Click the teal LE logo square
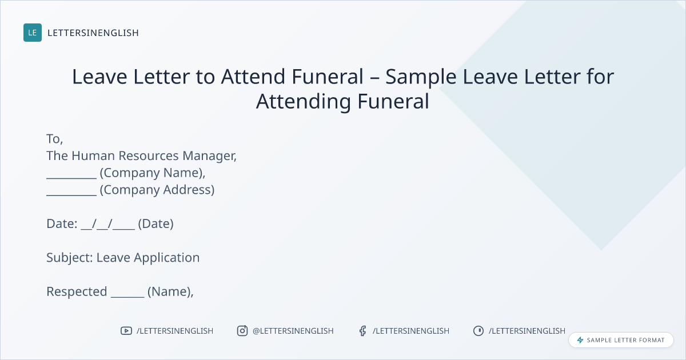[x=33, y=33]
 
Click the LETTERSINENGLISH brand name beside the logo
[x=93, y=33]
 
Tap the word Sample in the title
[x=421, y=77]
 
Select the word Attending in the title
[x=304, y=102]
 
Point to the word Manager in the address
[x=209, y=156]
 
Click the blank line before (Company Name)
[x=71, y=178]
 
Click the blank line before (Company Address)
[x=71, y=195]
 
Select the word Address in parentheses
[x=189, y=190]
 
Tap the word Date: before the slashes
[x=62, y=224]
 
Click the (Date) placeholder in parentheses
[x=156, y=224]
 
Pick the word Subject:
[x=70, y=258]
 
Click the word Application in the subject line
[x=166, y=258]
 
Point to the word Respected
[x=77, y=292]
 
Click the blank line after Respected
[x=127, y=297]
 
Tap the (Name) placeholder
[x=170, y=292]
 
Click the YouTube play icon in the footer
[x=126, y=331]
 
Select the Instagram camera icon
[x=242, y=331]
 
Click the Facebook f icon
[x=363, y=331]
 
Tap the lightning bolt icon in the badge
[x=580, y=340]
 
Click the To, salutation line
[x=54, y=139]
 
